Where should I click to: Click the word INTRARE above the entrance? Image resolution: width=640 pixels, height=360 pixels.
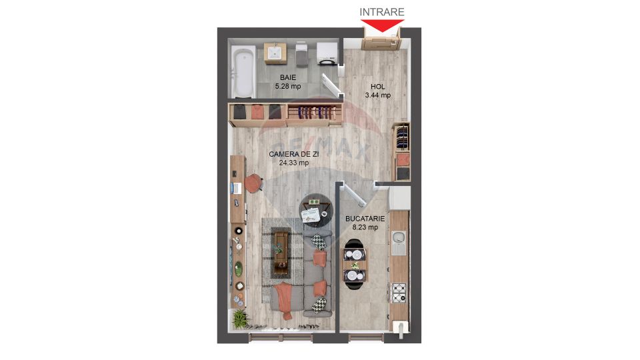382,11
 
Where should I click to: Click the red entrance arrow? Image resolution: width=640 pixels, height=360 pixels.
383,26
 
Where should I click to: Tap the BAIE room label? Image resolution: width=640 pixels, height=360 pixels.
288,77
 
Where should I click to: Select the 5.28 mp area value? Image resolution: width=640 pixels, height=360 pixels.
288,86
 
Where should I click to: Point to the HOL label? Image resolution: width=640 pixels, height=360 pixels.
377,87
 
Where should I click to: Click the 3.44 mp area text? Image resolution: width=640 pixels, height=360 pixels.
377,95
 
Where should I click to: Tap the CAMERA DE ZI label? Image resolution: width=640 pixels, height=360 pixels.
294,154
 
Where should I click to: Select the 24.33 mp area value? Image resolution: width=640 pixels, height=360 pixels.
294,163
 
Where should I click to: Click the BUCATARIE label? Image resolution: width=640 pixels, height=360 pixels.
365,219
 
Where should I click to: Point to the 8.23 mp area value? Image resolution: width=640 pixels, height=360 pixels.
365,227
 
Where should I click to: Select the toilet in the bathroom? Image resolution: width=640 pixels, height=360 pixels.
300,55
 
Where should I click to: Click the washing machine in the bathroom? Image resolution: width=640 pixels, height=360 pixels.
327,53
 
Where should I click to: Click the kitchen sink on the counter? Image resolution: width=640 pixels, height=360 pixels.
398,238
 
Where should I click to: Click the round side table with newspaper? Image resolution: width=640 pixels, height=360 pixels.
313,209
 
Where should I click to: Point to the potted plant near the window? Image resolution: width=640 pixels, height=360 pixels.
239,319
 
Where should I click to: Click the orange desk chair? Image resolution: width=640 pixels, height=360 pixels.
253,181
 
